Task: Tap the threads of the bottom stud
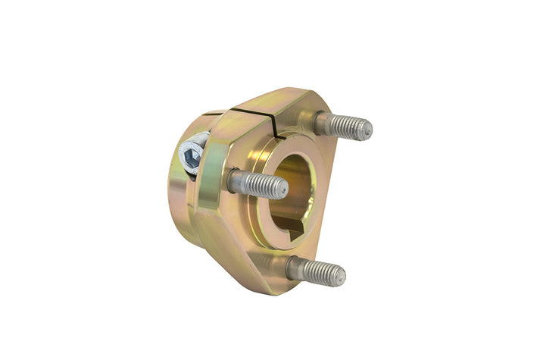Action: pyautogui.click(x=321, y=271)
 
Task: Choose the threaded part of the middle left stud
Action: pyautogui.click(x=264, y=184)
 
